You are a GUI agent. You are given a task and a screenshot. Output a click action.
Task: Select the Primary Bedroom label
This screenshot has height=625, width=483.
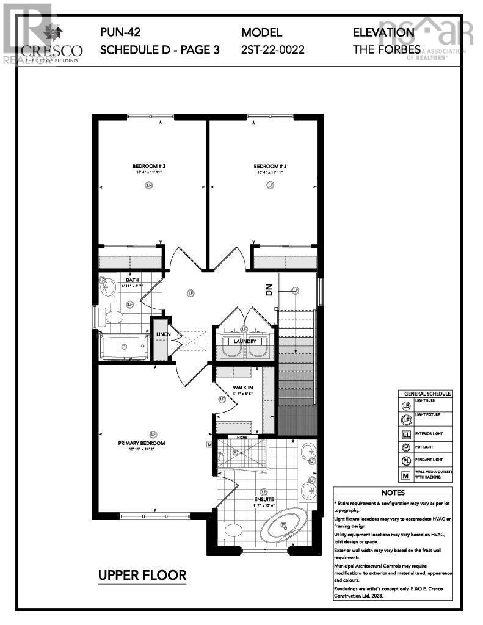click(142, 443)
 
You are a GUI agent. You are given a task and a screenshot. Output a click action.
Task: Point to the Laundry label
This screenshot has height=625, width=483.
click(245, 341)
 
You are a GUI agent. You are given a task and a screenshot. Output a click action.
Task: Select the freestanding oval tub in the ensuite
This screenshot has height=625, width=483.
click(283, 524)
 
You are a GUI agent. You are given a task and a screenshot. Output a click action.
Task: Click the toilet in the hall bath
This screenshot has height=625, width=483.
click(114, 317)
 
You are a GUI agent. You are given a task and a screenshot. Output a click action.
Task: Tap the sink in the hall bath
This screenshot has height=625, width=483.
click(108, 287)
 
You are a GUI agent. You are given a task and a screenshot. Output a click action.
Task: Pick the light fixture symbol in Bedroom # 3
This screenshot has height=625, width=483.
click(270, 186)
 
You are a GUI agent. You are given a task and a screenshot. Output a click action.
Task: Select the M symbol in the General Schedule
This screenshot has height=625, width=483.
click(407, 474)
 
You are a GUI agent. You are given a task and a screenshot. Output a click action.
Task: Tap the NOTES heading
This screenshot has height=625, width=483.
click(393, 492)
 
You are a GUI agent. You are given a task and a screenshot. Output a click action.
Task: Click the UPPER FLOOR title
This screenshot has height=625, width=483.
click(142, 575)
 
